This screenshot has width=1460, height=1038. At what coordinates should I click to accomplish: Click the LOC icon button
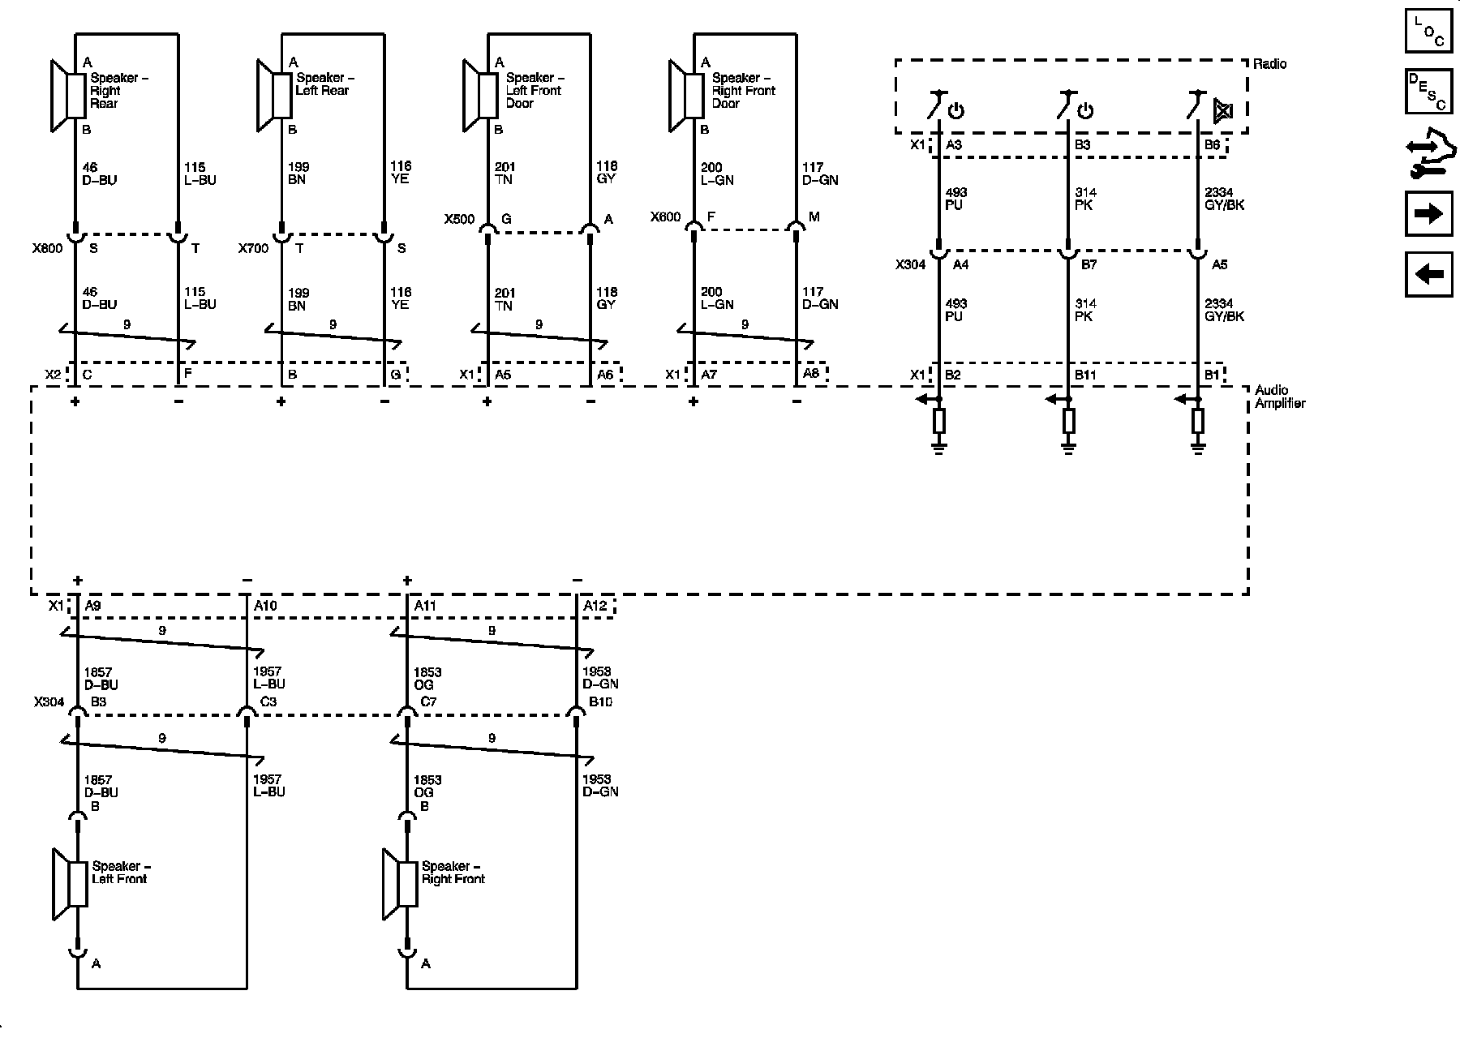pos(1428,32)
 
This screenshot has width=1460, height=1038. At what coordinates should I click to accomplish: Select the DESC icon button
pos(1428,92)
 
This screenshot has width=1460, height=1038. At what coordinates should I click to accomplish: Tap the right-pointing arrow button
pos(1428,213)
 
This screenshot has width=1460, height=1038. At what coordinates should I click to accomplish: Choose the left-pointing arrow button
pos(1428,274)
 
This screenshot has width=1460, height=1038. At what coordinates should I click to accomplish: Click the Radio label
pos(1270,64)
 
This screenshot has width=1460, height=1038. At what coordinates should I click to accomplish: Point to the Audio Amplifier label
pos(1280,397)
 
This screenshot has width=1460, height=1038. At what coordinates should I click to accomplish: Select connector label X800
pos(47,249)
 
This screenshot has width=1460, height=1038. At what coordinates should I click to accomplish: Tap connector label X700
pos(253,249)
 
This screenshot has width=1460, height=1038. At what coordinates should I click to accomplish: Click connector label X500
pos(459,219)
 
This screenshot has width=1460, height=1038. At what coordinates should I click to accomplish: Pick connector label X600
pos(665,217)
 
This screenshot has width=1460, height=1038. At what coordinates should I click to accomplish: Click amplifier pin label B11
pos(1085,375)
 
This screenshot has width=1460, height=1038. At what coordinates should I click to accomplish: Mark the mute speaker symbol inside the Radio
pos(1222,110)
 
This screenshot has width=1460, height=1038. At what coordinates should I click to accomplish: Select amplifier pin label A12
pos(595,606)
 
